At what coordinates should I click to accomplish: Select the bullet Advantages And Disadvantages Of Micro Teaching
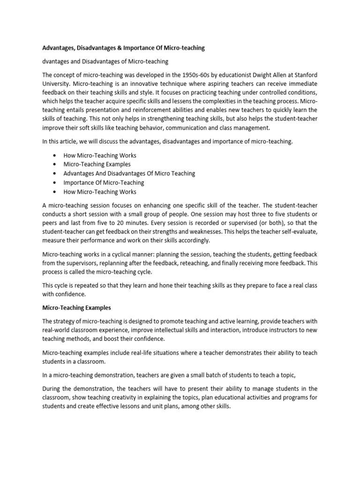129,173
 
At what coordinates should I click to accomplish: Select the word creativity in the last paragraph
118,397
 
